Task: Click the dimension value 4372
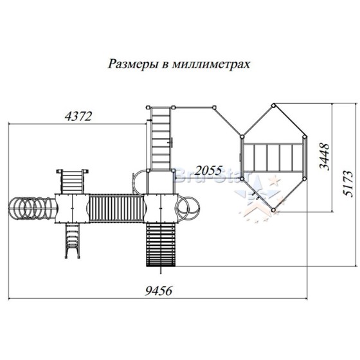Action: (x=78, y=116)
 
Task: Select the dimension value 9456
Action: (x=158, y=291)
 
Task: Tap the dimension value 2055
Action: (x=209, y=170)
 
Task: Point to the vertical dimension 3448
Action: (x=324, y=156)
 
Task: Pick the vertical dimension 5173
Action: (x=347, y=184)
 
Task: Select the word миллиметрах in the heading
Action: (x=211, y=64)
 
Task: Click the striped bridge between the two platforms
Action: (x=116, y=208)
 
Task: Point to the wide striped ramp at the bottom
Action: (x=161, y=245)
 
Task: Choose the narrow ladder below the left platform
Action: (x=72, y=241)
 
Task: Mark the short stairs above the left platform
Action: (x=72, y=181)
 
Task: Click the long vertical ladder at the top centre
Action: (x=161, y=138)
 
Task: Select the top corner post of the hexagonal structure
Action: (x=273, y=106)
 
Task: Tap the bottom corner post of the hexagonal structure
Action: (x=273, y=210)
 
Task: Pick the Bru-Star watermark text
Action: (x=212, y=175)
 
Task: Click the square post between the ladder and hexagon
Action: (x=214, y=107)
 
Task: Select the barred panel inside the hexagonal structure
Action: (x=273, y=157)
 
